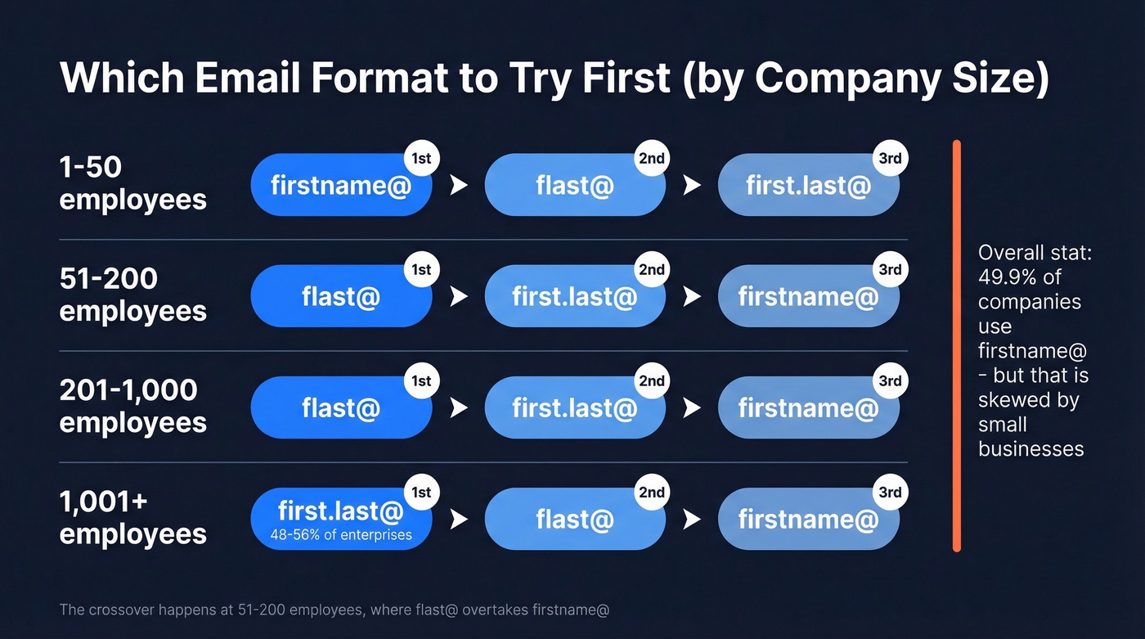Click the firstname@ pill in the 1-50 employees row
click(340, 186)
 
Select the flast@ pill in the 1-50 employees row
click(574, 186)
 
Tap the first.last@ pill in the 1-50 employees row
click(808, 186)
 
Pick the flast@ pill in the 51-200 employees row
click(340, 296)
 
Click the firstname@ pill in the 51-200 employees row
click(808, 296)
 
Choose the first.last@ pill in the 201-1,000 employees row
click(574, 407)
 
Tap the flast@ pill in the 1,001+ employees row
click(574, 519)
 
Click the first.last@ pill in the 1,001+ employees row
click(340, 512)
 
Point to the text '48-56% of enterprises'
click(340, 536)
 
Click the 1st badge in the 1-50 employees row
click(421, 159)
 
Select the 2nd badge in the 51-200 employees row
click(652, 270)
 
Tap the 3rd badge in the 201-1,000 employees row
click(890, 381)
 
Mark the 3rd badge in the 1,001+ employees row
click(890, 493)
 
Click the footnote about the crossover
click(334, 610)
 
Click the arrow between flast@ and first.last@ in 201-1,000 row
click(459, 407)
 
